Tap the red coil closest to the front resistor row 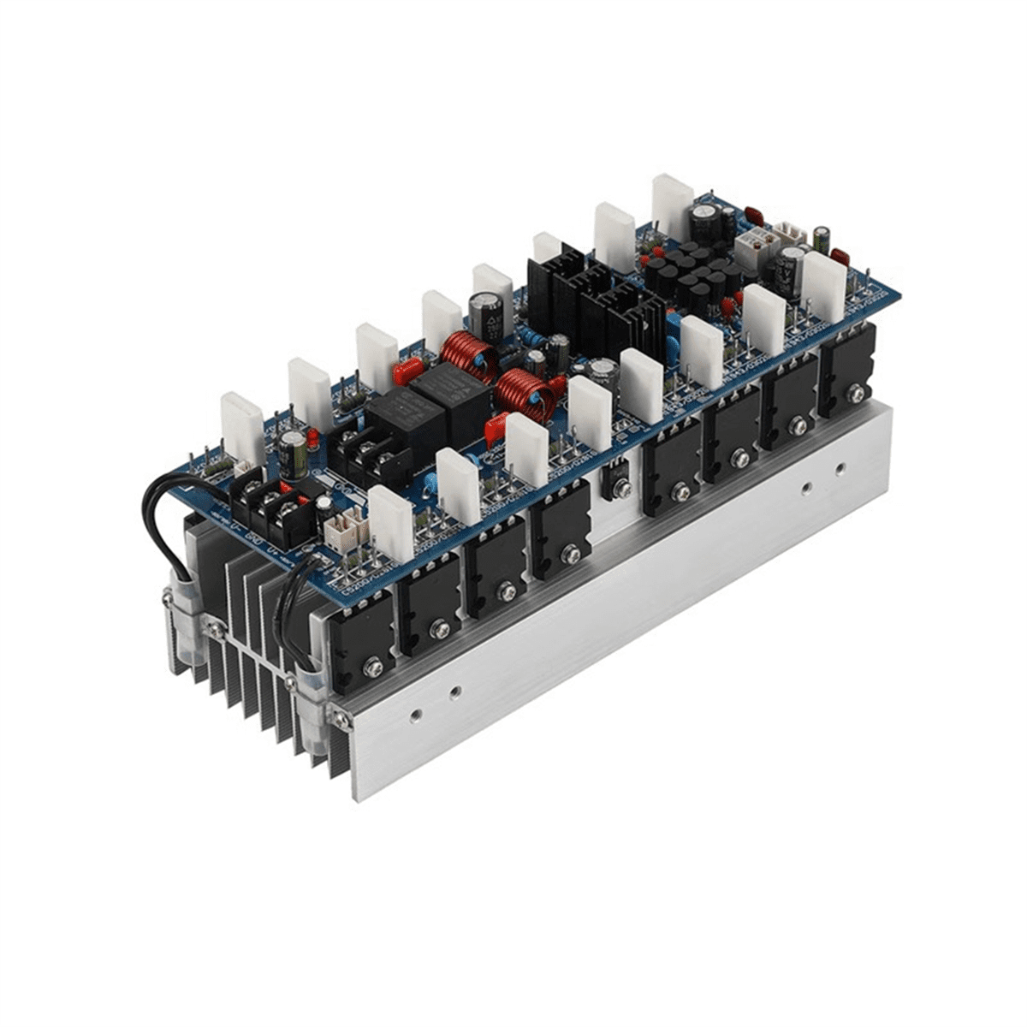(525, 396)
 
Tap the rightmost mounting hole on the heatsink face (840, 468)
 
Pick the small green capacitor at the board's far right (822, 239)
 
